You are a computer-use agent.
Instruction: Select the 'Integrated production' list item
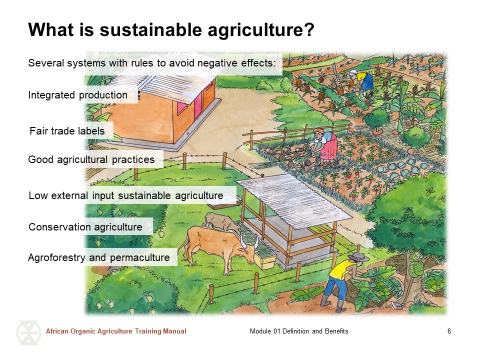[x=78, y=95]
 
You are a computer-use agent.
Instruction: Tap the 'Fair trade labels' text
[x=67, y=131]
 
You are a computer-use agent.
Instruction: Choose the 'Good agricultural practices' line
[x=91, y=159]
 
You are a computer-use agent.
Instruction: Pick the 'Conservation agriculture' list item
[x=85, y=227]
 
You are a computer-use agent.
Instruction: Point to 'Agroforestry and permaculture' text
[x=99, y=257]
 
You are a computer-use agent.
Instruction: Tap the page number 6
[x=449, y=331]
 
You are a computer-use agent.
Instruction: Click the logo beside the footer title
[x=28, y=333]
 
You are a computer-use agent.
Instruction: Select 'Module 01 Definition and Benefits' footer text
[x=299, y=331]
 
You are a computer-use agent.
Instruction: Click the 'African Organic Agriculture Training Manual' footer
[x=116, y=331]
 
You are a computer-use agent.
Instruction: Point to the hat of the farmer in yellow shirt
[x=358, y=256]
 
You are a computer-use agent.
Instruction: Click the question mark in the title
[x=308, y=29]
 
